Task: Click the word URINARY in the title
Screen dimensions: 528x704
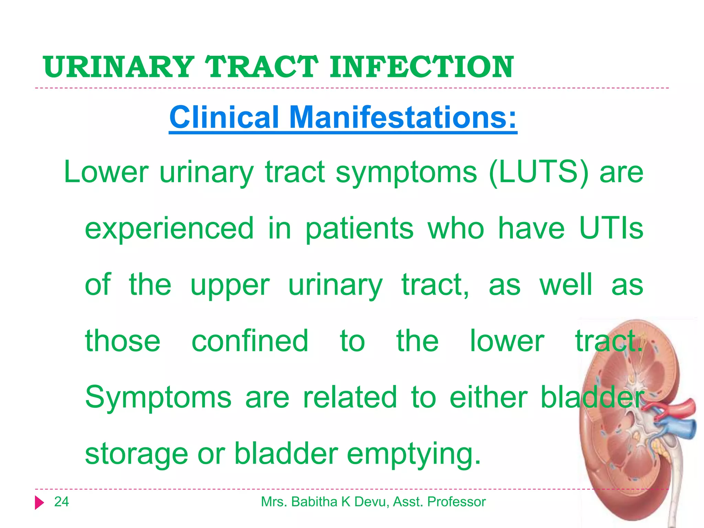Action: pos(119,67)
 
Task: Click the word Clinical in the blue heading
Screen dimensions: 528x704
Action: pos(224,117)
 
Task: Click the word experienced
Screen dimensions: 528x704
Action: pos(169,229)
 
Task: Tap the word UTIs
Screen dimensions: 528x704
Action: pos(611,229)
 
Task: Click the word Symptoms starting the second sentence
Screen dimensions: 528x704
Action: pos(158,398)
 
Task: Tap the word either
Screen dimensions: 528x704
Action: pos(488,397)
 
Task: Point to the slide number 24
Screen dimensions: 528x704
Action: pos(62,502)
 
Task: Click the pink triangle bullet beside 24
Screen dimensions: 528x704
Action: pos(39,503)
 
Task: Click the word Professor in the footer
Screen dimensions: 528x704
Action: pos(456,502)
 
